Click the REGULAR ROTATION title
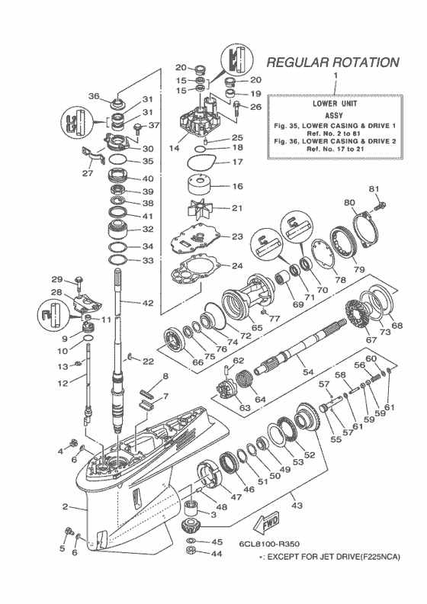(332, 62)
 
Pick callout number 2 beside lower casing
(66, 506)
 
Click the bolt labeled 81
(380, 204)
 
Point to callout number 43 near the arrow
(296, 505)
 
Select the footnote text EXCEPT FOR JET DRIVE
(332, 558)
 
